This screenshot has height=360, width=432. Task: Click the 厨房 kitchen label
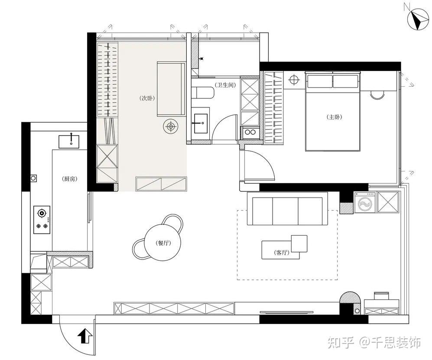(70, 179)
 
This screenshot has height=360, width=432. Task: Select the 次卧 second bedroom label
(147, 98)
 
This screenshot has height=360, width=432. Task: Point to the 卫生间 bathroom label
(226, 85)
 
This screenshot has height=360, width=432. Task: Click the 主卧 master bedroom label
(335, 117)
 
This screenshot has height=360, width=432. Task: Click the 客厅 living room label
(281, 253)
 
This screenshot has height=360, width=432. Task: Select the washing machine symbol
(365, 202)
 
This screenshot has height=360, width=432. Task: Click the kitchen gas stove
(42, 220)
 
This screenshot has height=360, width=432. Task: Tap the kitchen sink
(68, 141)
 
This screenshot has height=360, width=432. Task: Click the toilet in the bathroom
(203, 93)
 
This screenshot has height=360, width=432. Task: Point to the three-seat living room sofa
(287, 209)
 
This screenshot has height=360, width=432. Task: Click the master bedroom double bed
(333, 111)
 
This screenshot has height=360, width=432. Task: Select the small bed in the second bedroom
(171, 89)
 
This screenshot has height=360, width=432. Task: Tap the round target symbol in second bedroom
(171, 126)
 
